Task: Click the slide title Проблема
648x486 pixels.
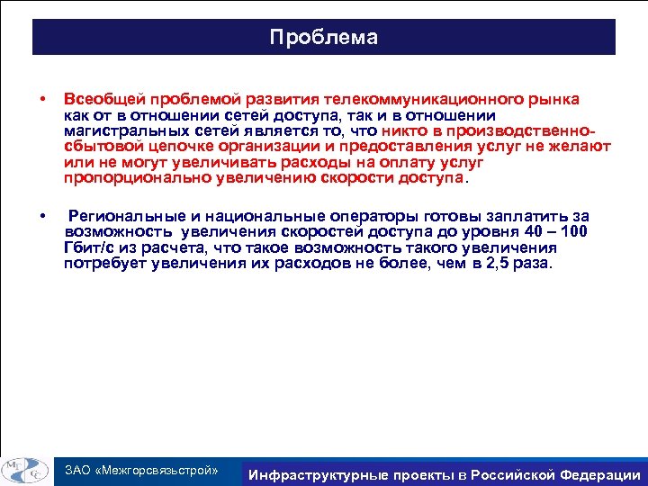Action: [324, 38]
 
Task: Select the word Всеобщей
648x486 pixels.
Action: [99, 99]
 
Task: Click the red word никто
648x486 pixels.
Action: [403, 131]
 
